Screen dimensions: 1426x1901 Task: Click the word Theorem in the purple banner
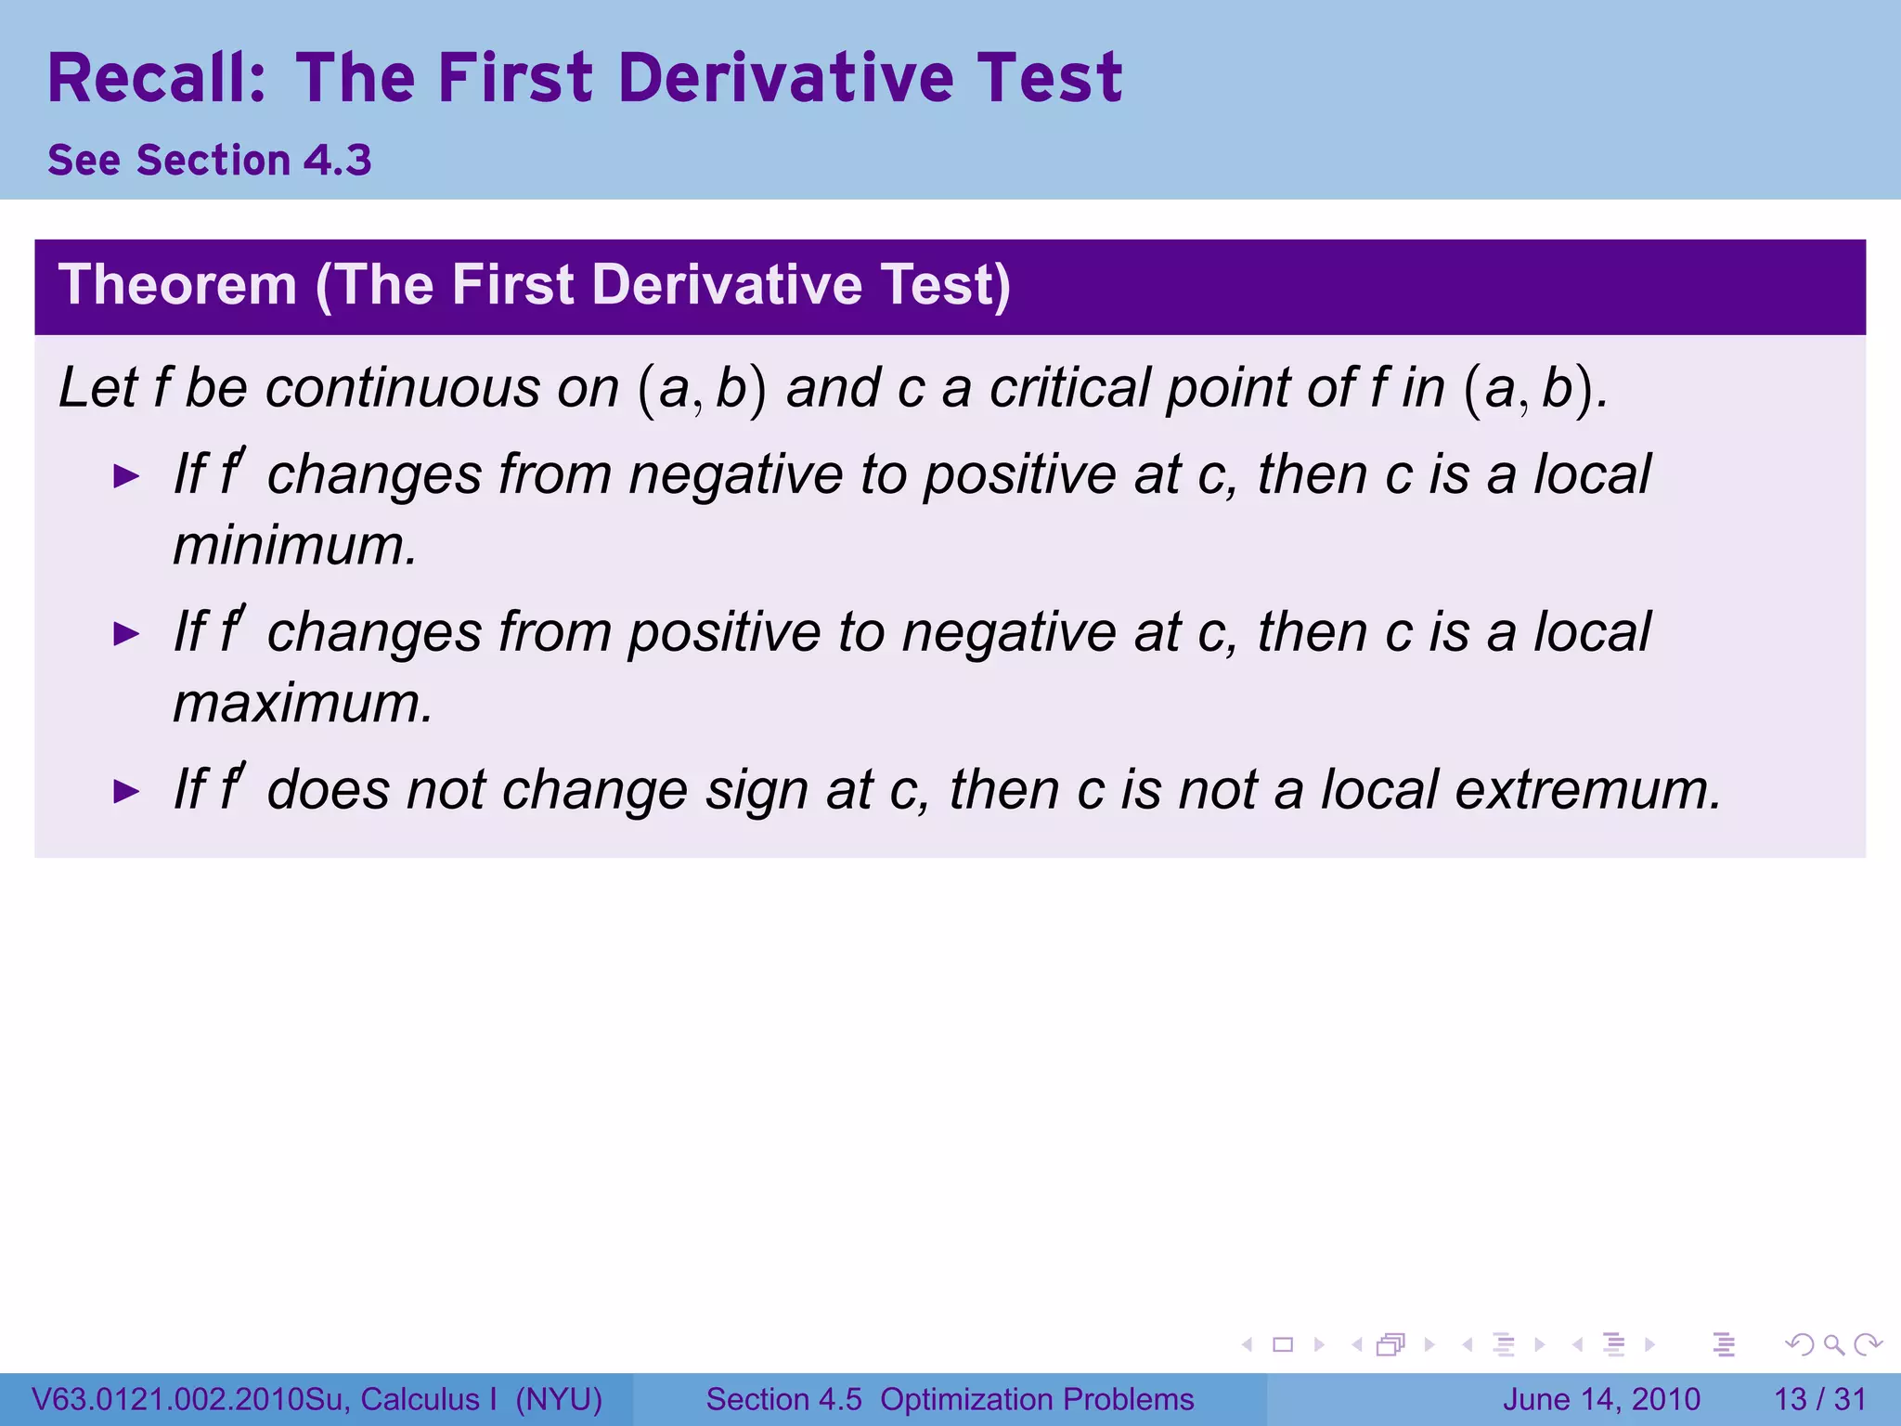[x=177, y=285]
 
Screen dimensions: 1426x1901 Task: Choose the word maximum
[x=303, y=703]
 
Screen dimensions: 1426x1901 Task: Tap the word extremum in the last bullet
[x=1587, y=790]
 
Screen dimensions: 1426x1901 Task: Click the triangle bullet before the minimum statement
[x=125, y=477]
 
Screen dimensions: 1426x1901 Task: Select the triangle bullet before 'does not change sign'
[x=125, y=792]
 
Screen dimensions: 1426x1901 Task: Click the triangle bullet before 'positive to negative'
[x=125, y=635]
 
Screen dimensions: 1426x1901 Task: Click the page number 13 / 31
[x=1819, y=1399]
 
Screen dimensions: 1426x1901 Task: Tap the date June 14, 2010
[x=1601, y=1399]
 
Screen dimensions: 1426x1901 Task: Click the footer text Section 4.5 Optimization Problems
[x=950, y=1399]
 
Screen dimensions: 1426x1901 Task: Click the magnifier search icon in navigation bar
[x=1833, y=1344]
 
